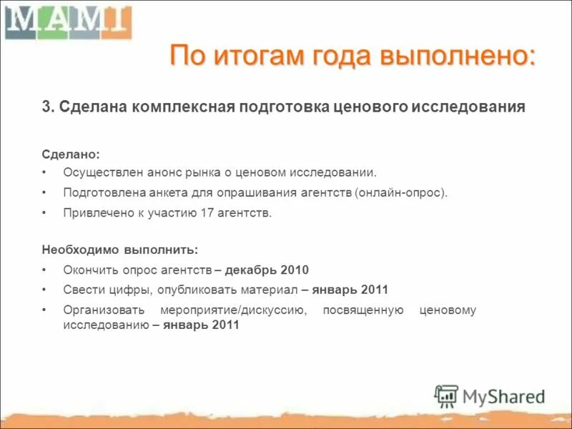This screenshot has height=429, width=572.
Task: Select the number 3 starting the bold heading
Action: point(46,107)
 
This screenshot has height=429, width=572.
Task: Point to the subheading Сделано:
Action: point(71,154)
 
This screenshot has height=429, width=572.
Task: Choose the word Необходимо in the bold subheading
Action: point(74,250)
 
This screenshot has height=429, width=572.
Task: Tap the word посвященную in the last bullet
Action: point(363,310)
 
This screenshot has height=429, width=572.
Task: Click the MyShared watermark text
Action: point(503,396)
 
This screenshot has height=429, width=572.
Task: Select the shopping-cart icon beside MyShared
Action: point(446,396)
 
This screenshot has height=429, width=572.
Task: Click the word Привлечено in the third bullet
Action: point(93,213)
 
